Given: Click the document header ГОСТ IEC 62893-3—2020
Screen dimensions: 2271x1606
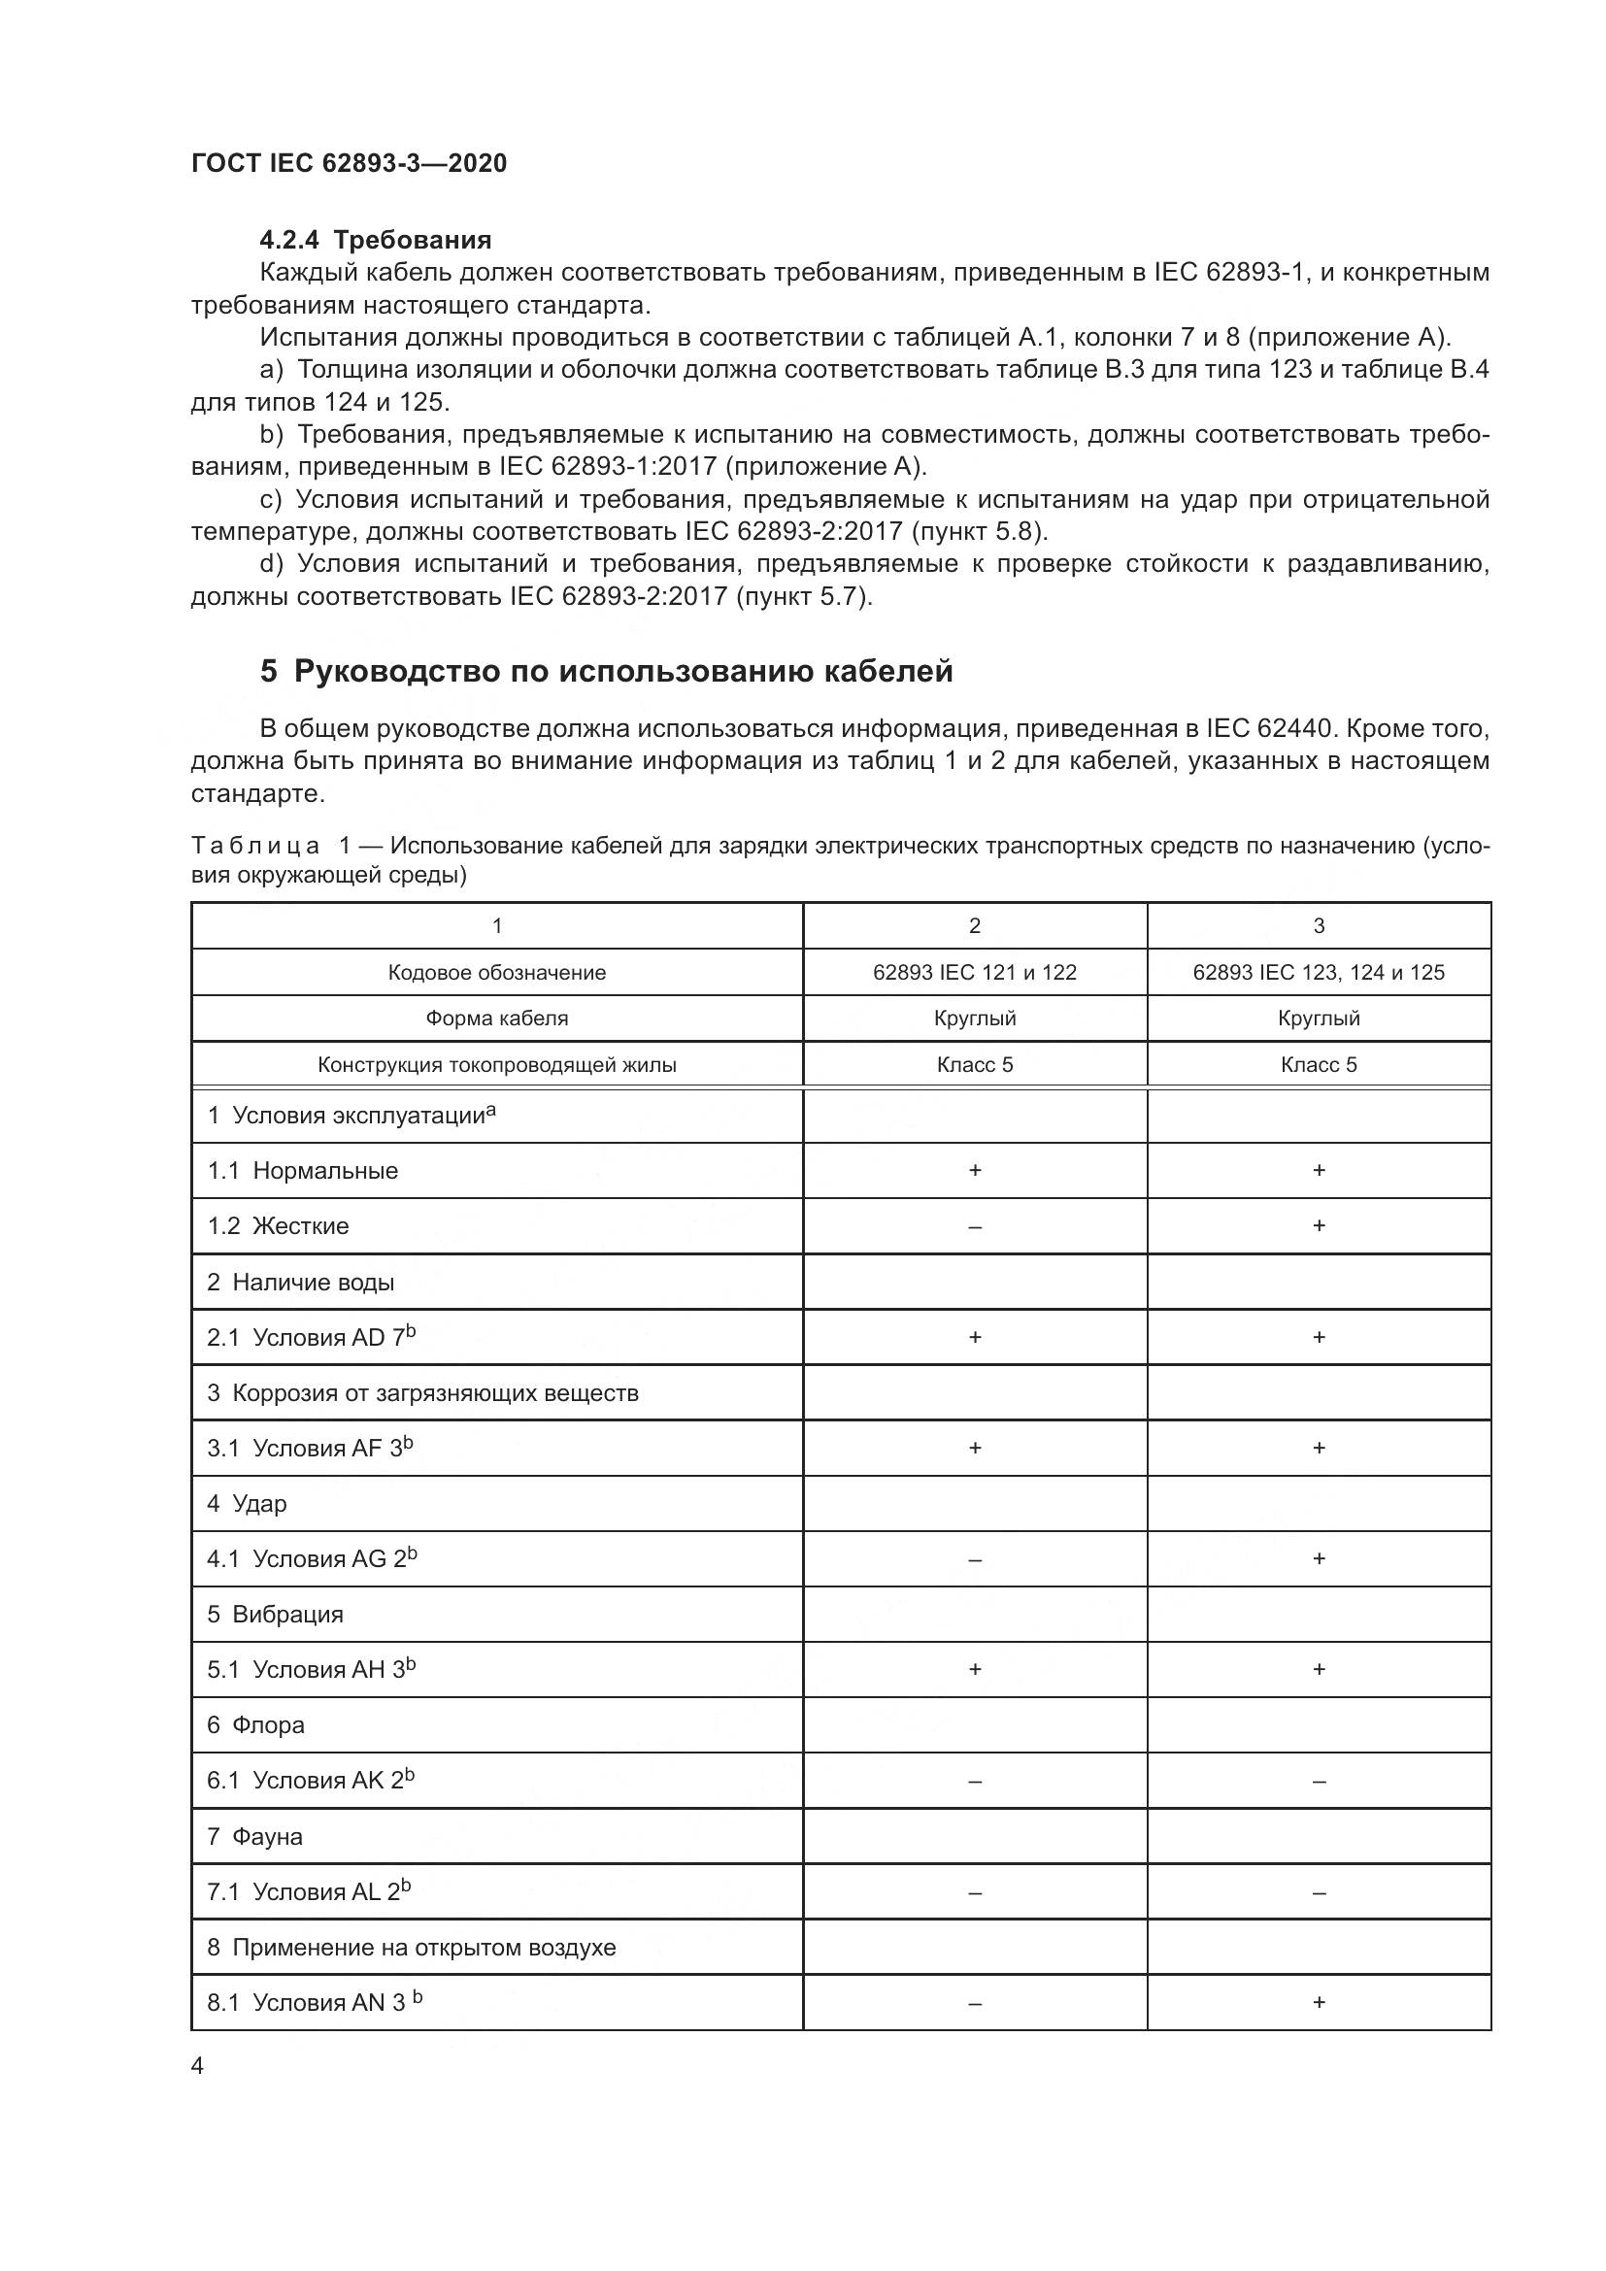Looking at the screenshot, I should click(x=349, y=163).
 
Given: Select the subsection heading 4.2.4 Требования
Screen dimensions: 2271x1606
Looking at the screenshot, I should click(x=375, y=240).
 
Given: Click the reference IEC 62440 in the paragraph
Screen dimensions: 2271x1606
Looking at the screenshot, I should click(x=1259, y=729).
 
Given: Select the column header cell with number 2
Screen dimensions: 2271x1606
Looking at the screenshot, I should click(x=974, y=926).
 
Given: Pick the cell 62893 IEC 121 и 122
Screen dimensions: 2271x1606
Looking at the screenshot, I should click(x=974, y=972).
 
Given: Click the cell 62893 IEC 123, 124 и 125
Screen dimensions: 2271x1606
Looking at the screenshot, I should click(x=1319, y=972).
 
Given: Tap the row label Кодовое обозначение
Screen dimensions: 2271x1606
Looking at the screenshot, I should click(x=496, y=972).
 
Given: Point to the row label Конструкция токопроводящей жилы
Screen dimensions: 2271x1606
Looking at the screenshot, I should click(x=496, y=1065).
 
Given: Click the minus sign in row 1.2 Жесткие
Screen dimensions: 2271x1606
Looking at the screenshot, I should click(x=974, y=1226).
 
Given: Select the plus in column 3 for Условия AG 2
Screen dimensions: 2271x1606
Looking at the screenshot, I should click(x=1319, y=1559).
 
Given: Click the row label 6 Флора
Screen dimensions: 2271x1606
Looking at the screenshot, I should click(x=255, y=1725).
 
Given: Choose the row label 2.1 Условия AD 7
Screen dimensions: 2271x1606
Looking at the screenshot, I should click(x=311, y=1337).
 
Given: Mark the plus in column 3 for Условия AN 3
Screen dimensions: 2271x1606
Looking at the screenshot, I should click(x=1319, y=2002).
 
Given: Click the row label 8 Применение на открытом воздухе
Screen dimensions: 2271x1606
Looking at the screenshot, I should click(x=411, y=1947).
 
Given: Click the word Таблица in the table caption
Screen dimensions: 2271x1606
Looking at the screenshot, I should click(x=255, y=846).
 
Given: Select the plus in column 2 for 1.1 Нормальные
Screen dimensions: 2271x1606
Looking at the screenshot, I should click(x=974, y=1170).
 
